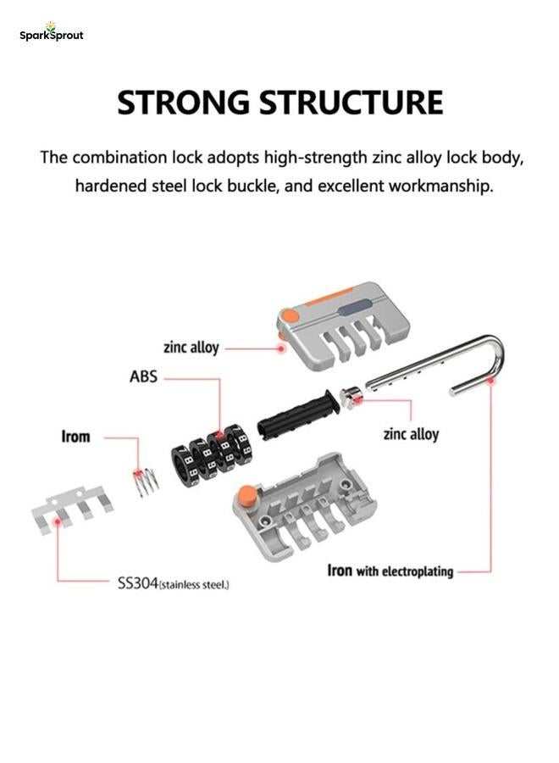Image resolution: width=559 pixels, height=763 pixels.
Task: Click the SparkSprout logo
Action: click(52, 32)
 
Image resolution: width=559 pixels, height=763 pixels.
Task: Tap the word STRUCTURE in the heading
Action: click(351, 103)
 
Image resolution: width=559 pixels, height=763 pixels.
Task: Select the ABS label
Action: click(143, 376)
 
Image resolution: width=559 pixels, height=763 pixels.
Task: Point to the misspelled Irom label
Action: click(76, 437)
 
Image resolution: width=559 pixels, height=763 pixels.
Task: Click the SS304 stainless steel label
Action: click(174, 583)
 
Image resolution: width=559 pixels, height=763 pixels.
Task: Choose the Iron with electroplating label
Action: click(390, 571)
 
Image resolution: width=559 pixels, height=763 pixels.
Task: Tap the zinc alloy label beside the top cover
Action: click(191, 348)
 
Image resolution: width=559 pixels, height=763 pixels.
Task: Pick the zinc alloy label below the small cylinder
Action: click(412, 433)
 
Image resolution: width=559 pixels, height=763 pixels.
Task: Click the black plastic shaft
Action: click(297, 415)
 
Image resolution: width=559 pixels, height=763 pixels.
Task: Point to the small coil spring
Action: click(146, 481)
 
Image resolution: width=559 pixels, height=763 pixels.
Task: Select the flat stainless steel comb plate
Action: click(73, 510)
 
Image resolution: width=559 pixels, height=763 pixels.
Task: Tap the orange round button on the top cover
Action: click(291, 315)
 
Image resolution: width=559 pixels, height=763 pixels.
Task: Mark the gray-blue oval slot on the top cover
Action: click(354, 308)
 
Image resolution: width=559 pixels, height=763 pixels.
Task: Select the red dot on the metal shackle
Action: click(491, 381)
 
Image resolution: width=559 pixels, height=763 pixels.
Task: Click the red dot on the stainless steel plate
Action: click(58, 521)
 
